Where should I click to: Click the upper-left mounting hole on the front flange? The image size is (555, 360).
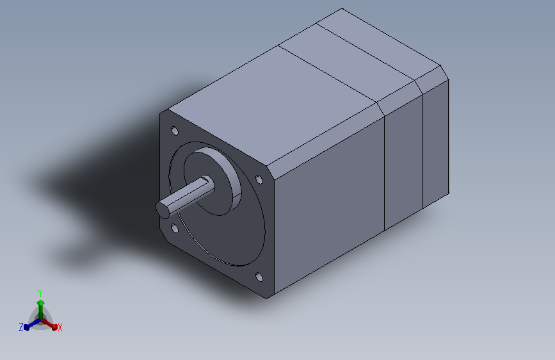pyautogui.click(x=175, y=131)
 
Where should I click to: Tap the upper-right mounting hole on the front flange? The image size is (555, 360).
pyautogui.click(x=259, y=179)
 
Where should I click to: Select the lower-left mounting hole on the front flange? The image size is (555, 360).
pyautogui.click(x=175, y=228)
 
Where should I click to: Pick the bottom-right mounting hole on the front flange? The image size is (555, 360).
pyautogui.click(x=259, y=277)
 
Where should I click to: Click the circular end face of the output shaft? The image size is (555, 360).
pyautogui.click(x=163, y=209)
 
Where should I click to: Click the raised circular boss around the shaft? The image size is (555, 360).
pyautogui.click(x=213, y=181)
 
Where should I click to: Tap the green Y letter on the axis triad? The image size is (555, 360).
pyautogui.click(x=40, y=293)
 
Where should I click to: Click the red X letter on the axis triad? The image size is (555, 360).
pyautogui.click(x=60, y=327)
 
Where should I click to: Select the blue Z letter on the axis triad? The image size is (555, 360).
pyautogui.click(x=21, y=327)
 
